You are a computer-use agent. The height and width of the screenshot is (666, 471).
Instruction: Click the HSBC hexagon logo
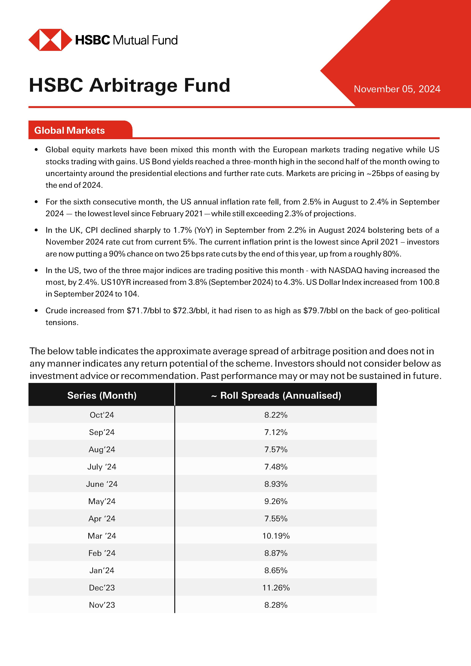pos(50,40)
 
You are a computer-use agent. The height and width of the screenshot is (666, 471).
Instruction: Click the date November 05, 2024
pos(397,89)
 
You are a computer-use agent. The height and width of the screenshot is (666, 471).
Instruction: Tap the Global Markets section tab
pos(70,131)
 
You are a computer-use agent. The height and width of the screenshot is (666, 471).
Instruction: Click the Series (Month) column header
pos(102,395)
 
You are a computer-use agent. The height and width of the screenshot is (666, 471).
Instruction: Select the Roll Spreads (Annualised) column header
pos(276,395)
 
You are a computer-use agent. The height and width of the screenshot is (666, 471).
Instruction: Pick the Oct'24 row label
pos(102,415)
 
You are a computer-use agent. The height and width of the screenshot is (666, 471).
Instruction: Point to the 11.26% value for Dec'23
pos(276,588)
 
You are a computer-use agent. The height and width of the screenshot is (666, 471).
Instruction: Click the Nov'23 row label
pos(102,605)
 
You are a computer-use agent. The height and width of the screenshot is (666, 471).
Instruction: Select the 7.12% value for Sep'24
pos(276,432)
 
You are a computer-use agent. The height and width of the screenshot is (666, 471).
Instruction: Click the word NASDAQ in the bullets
pos(345,270)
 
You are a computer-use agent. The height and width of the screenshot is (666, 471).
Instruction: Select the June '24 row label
pos(102,484)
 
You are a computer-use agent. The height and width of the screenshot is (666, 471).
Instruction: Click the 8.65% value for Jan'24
pos(276,570)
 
